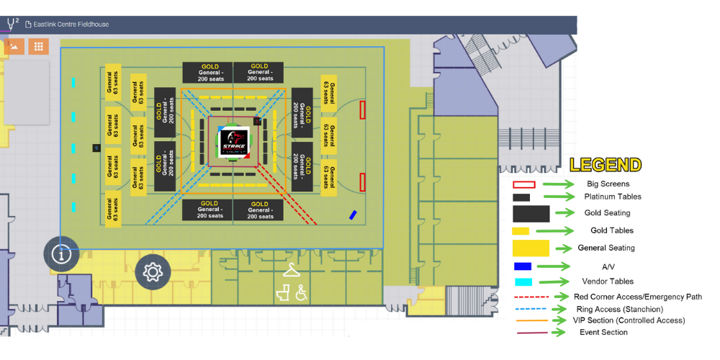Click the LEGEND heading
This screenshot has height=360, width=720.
click(x=606, y=165)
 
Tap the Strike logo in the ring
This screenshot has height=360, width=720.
click(x=234, y=140)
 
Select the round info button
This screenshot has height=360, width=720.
click(x=61, y=254)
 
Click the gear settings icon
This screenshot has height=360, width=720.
click(x=153, y=272)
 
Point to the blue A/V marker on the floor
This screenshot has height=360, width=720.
click(x=353, y=215)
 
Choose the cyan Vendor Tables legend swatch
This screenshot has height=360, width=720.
click(x=523, y=282)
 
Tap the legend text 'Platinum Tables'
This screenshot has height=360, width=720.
click(x=613, y=197)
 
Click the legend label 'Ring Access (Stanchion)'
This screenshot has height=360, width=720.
click(x=619, y=309)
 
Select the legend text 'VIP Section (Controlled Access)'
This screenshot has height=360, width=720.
click(x=629, y=320)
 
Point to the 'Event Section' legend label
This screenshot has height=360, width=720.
click(x=603, y=332)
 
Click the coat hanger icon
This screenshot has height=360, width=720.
click(x=291, y=270)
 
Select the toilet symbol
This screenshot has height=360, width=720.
click(x=284, y=293)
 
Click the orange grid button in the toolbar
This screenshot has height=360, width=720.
click(x=39, y=46)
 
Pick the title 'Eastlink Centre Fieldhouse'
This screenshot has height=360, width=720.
click(x=71, y=24)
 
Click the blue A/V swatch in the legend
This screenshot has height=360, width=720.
click(x=523, y=266)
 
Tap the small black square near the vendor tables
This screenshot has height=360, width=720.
click(x=96, y=148)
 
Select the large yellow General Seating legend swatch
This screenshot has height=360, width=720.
click(x=531, y=248)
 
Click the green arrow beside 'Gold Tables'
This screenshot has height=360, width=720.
click(x=559, y=231)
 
